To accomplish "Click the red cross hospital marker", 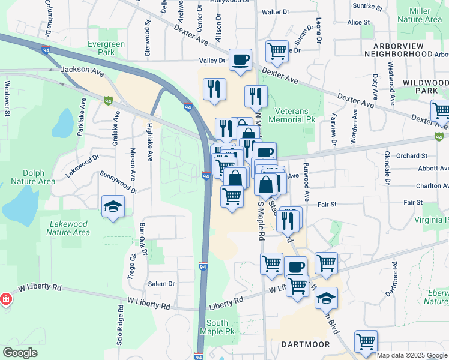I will (x=5, y=299).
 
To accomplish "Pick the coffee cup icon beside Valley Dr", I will (x=241, y=59).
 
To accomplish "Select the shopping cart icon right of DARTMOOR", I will (x=366, y=341).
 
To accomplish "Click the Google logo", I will (x=20, y=353).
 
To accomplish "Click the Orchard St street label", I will (x=411, y=155).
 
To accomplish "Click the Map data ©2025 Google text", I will (x=412, y=355).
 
